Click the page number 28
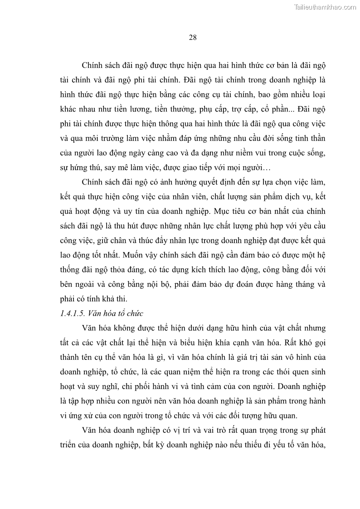(192, 37)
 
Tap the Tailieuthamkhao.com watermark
(326, 7)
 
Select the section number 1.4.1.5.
(74, 313)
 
